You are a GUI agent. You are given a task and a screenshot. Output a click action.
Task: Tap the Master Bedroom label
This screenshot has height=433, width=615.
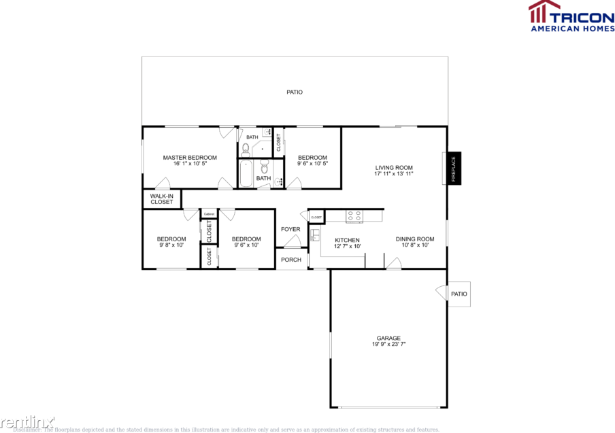coord(190,158)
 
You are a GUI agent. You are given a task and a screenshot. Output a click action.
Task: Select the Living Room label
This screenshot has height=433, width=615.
coord(394,167)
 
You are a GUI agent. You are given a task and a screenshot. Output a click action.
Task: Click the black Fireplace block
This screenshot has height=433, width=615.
coord(453,168)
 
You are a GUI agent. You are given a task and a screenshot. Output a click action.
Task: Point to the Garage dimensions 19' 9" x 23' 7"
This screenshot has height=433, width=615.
coord(389,345)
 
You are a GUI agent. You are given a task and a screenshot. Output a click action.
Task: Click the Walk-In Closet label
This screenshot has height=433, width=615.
coord(161,199)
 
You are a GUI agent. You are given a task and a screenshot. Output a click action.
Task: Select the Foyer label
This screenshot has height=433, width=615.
coord(290,229)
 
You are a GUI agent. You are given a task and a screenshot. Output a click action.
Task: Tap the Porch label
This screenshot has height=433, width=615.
coord(291,260)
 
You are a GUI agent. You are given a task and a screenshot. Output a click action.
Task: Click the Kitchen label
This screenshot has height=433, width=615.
coord(347,240)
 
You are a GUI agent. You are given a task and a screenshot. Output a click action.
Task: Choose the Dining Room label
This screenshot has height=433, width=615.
coord(415,239)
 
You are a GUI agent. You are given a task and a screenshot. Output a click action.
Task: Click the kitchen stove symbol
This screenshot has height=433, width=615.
coord(354,216)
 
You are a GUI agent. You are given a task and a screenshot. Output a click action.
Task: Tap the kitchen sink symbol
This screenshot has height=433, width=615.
coord(316,235)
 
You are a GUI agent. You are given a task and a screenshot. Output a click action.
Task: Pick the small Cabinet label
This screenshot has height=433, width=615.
coord(209,214)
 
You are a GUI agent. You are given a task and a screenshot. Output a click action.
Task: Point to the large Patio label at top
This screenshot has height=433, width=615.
coord(294,92)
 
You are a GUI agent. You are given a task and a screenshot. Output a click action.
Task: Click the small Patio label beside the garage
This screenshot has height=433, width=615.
coord(459,294)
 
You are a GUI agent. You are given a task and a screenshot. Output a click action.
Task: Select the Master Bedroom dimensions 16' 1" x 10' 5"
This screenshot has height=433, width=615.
coord(190,164)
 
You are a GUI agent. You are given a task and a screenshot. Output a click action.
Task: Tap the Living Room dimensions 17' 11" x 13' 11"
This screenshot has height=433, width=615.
coord(394,174)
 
